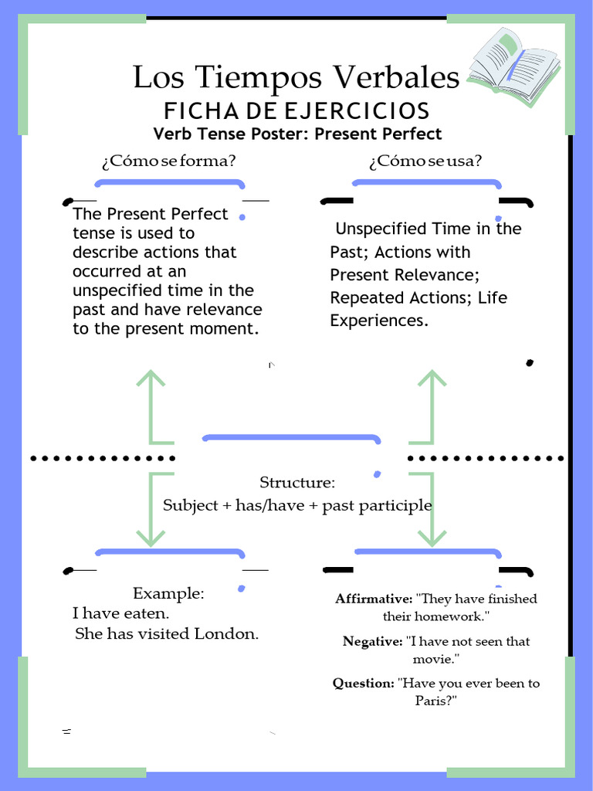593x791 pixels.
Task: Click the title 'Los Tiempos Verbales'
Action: (x=296, y=77)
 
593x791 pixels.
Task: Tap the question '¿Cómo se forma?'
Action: (x=168, y=161)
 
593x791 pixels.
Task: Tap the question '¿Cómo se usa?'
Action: (x=425, y=161)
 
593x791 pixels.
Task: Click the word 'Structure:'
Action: (x=297, y=483)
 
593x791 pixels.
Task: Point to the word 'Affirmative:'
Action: (x=374, y=599)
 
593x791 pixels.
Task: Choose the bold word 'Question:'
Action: (x=363, y=683)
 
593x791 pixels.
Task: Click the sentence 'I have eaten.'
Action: (x=120, y=613)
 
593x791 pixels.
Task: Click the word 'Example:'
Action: (x=168, y=593)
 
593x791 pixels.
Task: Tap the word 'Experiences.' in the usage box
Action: (x=378, y=321)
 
